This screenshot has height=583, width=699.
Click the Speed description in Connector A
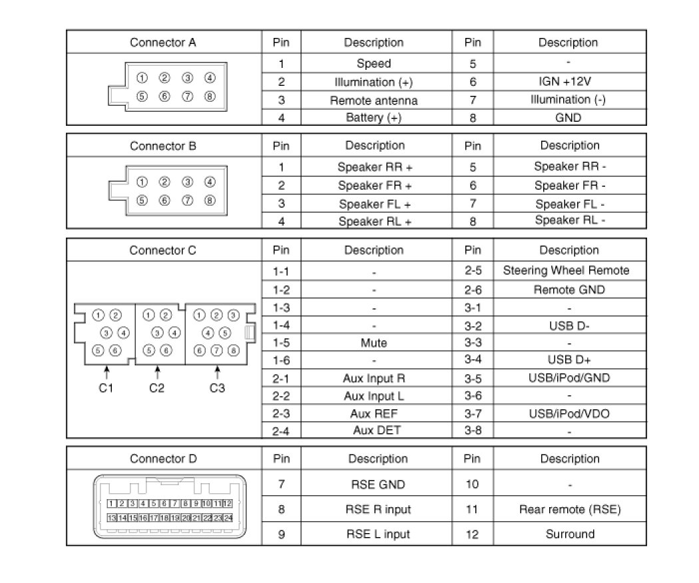[x=373, y=64]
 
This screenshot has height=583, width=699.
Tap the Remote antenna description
[x=373, y=100]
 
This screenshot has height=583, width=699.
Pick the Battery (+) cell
[x=373, y=118]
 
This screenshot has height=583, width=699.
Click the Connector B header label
[x=163, y=146]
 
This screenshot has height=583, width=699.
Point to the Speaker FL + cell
[x=374, y=204]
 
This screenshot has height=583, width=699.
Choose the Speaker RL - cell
[x=570, y=220]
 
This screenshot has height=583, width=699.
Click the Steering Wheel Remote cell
[x=566, y=271]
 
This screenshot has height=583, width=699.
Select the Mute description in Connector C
[x=374, y=343]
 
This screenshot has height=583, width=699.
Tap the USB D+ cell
[x=569, y=360]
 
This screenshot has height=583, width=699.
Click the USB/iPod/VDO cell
[x=569, y=414]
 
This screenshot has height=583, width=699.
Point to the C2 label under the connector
[x=156, y=388]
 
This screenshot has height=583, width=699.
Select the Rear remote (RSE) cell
[x=570, y=510]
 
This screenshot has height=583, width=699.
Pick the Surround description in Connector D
[x=570, y=534]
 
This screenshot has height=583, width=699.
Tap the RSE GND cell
[x=377, y=485]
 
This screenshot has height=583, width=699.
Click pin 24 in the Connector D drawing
[x=227, y=517]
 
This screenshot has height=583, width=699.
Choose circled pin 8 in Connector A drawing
[x=210, y=97]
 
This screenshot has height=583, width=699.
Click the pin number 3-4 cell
[x=472, y=360]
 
